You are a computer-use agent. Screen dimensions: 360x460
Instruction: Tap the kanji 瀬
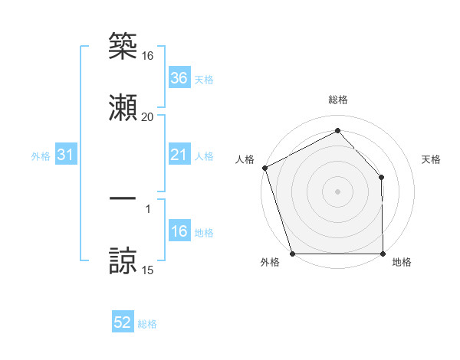pos(123,104)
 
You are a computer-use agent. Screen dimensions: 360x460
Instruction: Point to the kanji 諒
pos(123,260)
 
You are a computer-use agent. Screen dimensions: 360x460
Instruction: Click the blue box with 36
pos(179,78)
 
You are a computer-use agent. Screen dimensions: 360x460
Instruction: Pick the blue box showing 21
pos(179,155)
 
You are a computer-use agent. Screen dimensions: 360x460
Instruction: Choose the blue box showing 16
pos(179,232)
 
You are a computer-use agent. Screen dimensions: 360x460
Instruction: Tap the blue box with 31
pos(66,155)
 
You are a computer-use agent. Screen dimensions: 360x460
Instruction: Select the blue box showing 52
pos(123,323)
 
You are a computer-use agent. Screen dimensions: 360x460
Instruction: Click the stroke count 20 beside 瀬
pos(147,117)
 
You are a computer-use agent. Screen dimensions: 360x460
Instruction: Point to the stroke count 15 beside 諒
pos(147,270)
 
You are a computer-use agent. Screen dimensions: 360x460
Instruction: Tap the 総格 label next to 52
pos(147,324)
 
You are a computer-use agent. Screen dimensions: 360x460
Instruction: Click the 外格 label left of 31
pos(41,156)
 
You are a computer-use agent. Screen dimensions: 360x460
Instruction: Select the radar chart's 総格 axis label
pos(337,100)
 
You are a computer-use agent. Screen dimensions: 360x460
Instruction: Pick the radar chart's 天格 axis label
pos(432,159)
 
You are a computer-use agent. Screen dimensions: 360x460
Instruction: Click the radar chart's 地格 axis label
pos(402,262)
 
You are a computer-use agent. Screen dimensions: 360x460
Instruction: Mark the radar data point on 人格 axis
pos(264,167)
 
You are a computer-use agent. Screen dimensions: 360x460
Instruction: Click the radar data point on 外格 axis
pos(292,253)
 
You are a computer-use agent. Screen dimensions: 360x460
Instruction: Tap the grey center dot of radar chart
pos(337,191)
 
